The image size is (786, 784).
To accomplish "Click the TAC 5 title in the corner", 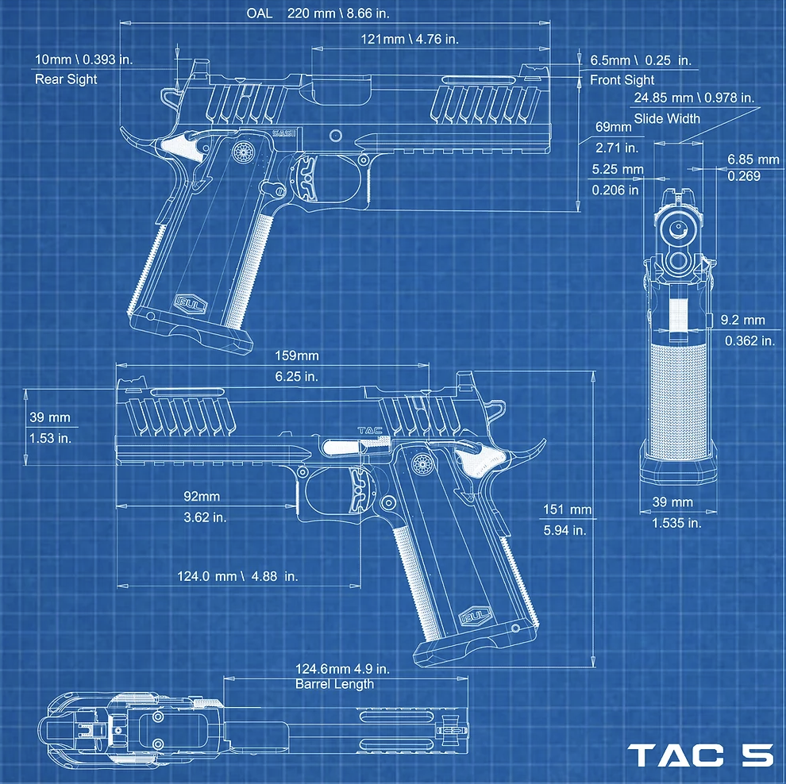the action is point(700,755).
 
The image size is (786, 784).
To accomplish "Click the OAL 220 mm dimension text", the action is point(318,13).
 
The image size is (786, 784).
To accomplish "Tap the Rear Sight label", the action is point(66,79).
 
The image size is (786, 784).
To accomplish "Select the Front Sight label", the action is point(622,79).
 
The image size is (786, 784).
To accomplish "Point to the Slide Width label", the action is point(667,119).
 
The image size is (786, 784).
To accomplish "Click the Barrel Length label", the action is point(334,684).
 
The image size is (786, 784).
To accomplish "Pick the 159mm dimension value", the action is point(297,355).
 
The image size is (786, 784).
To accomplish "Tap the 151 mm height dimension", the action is point(568,509).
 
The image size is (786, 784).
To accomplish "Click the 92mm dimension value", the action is point(202,496).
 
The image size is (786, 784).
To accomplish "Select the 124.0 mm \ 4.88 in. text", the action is point(237,576).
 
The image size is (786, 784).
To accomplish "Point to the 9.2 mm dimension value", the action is point(743,320).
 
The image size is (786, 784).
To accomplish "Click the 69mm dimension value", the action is point(613,127).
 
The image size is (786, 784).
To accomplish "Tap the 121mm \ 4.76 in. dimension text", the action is point(410,39).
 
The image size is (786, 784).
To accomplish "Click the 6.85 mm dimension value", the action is point(753,159).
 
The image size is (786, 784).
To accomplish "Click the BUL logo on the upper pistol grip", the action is point(191,303).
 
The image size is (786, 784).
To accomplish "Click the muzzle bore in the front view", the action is point(678,229).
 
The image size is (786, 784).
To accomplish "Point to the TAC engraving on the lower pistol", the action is point(370,430).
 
